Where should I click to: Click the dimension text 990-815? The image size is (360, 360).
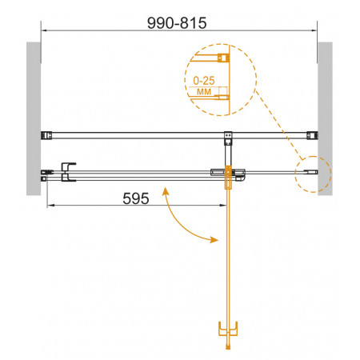pos(177,23)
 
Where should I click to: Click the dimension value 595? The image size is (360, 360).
pos(136,198)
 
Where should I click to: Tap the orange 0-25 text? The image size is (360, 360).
pos(204,81)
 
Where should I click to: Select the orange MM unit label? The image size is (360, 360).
pos(204,92)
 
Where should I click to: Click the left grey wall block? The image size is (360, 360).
pos(34,118)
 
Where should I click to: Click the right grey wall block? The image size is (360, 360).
pos(325,118)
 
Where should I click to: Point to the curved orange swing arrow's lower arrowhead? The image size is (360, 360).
pos(214,239)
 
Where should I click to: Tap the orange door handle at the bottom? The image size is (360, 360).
pos(228,329)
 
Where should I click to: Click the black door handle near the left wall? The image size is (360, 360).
pos(68,172)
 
